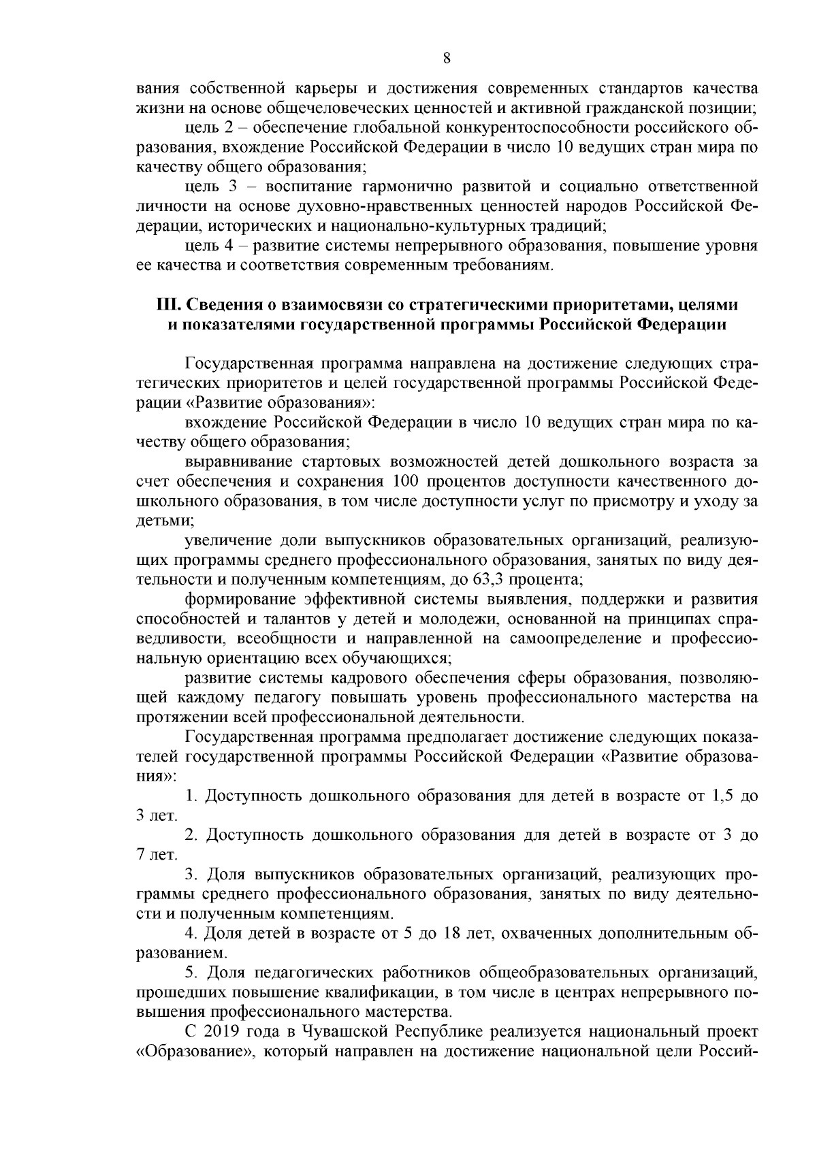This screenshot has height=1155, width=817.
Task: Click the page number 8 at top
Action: pos(447,58)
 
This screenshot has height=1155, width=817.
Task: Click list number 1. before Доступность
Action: pos(191,796)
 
